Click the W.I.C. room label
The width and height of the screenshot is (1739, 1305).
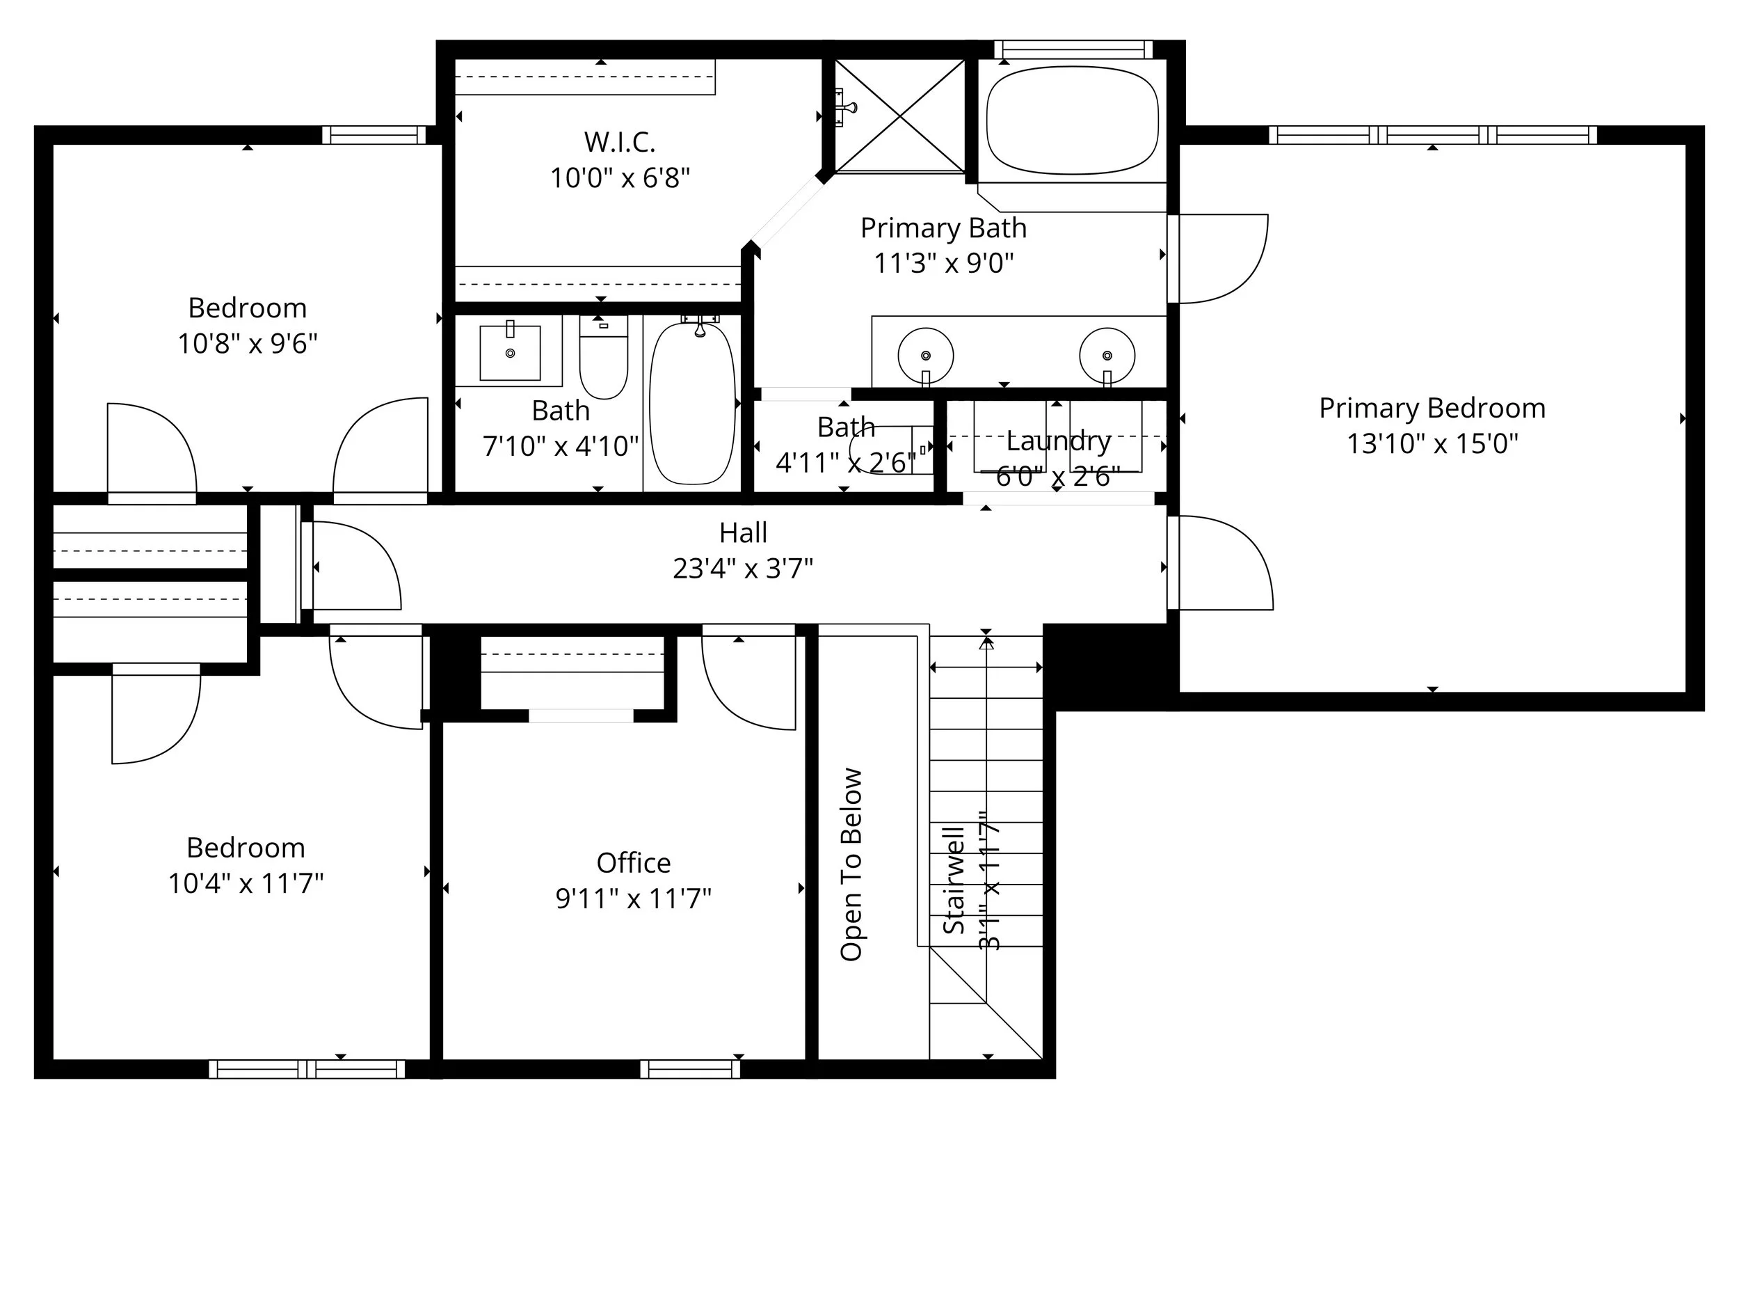(620, 143)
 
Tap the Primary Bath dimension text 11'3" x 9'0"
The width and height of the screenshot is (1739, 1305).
(943, 262)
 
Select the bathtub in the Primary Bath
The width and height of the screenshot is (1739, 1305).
(1073, 120)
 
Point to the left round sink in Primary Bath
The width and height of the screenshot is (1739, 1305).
(925, 356)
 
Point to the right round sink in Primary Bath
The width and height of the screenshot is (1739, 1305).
(1107, 356)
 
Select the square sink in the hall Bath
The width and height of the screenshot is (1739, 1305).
(510, 353)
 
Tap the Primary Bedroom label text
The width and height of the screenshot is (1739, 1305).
(1432, 409)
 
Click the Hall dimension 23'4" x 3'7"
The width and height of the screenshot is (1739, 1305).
(743, 568)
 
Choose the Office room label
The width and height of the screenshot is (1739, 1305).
(634, 863)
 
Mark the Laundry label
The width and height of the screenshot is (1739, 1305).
(1058, 441)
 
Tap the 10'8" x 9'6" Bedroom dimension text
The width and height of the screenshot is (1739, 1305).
(247, 344)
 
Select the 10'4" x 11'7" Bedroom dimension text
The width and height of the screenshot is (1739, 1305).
(246, 883)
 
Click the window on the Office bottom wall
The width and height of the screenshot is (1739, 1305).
(689, 1069)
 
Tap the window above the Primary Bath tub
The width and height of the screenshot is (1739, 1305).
(1073, 49)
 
